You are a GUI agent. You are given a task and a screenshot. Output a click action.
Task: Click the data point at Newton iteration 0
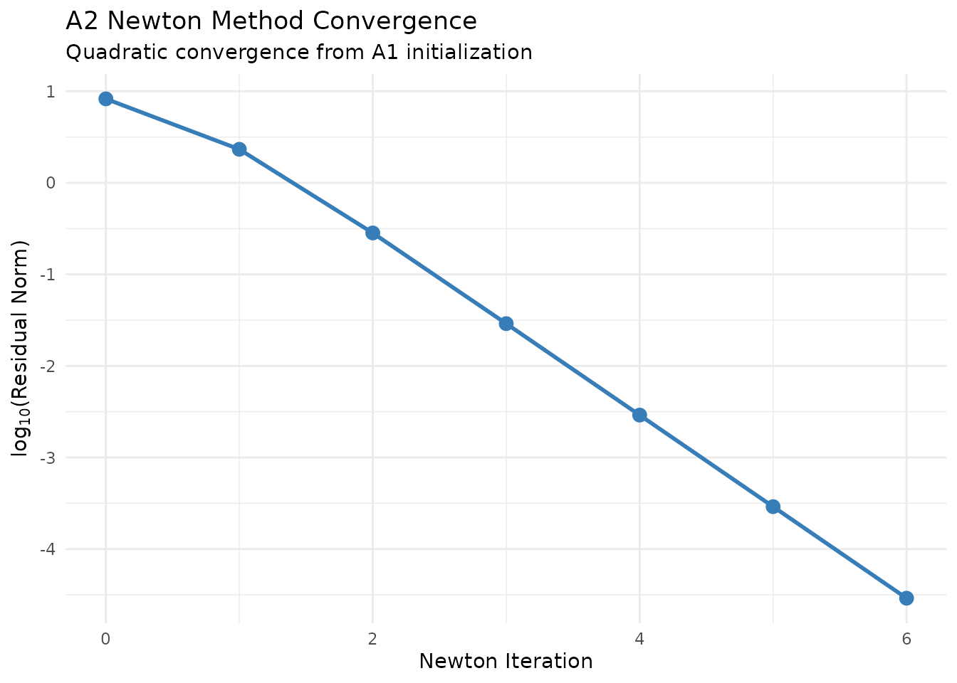[x=105, y=99]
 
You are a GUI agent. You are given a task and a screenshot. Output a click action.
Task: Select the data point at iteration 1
[x=239, y=149]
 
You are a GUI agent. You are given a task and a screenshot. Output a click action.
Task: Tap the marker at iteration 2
[x=372, y=233]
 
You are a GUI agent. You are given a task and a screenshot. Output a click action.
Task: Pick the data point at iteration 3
[x=506, y=324]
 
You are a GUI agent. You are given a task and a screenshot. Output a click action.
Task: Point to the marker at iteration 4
[x=639, y=415]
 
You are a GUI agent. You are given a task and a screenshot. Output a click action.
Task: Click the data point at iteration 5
[x=773, y=507]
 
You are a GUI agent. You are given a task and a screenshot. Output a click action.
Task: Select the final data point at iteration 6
[x=906, y=598]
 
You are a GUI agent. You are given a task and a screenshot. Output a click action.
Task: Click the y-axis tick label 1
[x=51, y=92]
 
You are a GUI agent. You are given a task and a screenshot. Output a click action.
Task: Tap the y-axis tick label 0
[x=51, y=183]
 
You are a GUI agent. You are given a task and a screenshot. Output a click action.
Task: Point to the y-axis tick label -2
[x=48, y=366]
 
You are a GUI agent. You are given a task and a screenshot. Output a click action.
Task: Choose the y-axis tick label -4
[x=48, y=549]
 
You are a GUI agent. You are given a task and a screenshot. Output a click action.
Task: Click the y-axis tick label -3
[x=48, y=457]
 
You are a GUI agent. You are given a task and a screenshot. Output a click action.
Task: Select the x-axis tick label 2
[x=372, y=639]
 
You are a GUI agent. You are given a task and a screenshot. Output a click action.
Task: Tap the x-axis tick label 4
[x=639, y=639]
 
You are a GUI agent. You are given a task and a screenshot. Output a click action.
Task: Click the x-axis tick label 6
[x=906, y=639]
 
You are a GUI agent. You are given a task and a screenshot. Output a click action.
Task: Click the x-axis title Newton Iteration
[x=506, y=662]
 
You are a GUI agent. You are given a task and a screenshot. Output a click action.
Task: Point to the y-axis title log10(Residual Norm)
[x=21, y=349]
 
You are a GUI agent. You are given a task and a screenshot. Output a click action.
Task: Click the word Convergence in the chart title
[x=409, y=21]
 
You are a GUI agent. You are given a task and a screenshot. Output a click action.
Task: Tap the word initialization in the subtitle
[x=469, y=53]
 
